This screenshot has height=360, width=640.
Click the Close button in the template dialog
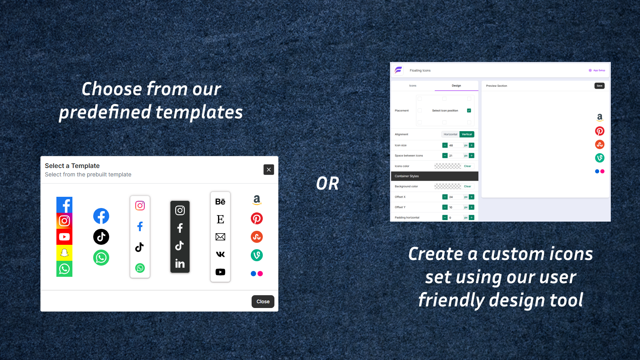(x=263, y=302)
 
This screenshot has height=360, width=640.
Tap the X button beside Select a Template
(x=269, y=170)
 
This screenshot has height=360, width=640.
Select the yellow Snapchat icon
(x=64, y=253)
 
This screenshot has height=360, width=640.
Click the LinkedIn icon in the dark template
(x=180, y=264)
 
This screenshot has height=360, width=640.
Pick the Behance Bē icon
(x=220, y=202)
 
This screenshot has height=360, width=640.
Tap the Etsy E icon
(x=220, y=219)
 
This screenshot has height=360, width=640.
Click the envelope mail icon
(x=220, y=237)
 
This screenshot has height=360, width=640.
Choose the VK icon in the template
(x=220, y=254)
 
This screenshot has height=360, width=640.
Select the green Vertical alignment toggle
(x=467, y=134)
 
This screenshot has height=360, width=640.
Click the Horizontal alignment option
(x=450, y=134)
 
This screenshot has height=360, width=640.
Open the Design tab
(x=456, y=86)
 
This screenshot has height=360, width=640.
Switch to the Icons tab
(x=413, y=86)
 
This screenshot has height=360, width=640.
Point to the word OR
(x=328, y=184)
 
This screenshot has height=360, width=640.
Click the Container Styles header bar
(x=434, y=176)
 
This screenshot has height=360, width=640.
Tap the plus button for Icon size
(x=472, y=145)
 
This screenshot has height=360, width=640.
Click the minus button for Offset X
(x=445, y=197)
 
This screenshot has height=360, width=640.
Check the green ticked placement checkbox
(x=469, y=110)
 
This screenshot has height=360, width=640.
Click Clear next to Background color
(x=468, y=186)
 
